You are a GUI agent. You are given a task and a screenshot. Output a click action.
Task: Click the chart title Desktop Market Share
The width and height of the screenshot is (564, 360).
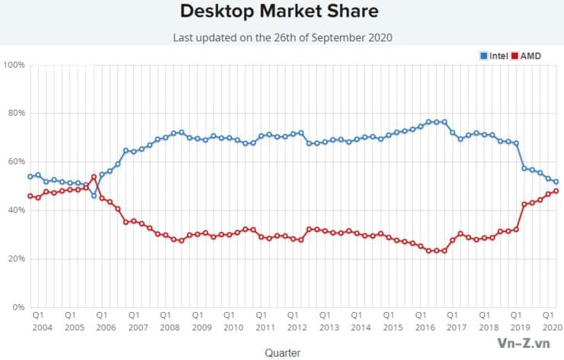(x=279, y=12)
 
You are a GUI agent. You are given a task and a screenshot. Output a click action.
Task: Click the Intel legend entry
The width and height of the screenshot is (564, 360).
(x=495, y=56)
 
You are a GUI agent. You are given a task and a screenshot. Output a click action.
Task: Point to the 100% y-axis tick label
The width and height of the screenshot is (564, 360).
(x=14, y=65)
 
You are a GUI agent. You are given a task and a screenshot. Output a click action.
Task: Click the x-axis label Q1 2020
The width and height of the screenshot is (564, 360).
(x=548, y=320)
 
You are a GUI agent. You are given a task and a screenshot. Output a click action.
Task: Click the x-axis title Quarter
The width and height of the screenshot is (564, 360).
(x=282, y=352)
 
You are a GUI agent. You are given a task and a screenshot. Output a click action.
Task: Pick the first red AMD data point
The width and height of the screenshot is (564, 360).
(x=30, y=196)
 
